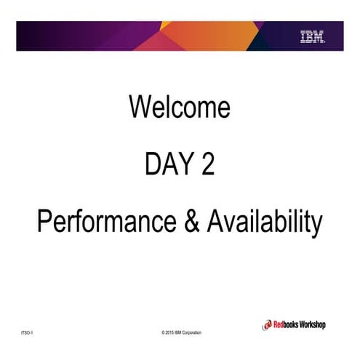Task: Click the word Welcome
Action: click(180, 107)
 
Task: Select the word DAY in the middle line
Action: click(162, 165)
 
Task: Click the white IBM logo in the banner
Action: click(312, 36)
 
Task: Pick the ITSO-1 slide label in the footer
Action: click(28, 333)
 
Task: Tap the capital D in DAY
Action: click(151, 165)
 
